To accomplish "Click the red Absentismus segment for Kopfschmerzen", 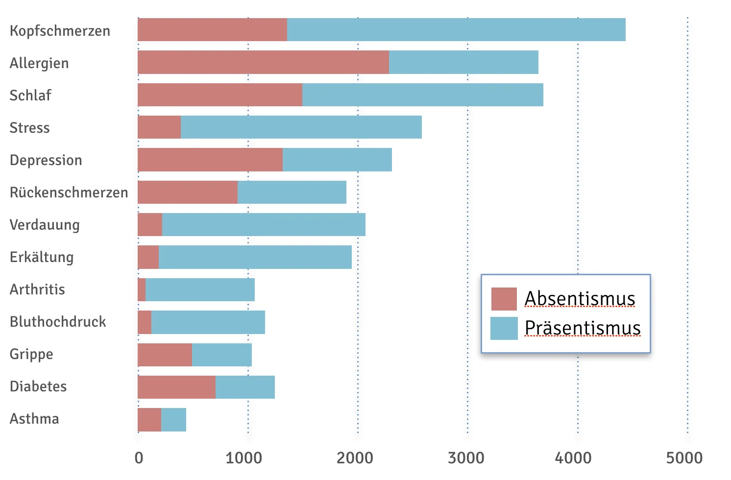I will coord(212,30).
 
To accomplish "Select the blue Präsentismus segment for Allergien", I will coord(463,62).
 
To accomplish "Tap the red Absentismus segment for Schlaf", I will coord(220,95).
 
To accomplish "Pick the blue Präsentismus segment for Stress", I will coord(301,127).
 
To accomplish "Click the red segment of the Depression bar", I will coord(210,160).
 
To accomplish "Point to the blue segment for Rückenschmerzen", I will coord(292,192).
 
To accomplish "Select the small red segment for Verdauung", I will coord(150,224).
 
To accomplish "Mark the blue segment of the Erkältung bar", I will coord(255,257).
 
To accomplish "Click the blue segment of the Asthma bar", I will coord(173,420).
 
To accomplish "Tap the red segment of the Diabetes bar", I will coord(176,387).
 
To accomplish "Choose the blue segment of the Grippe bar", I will coord(222,355).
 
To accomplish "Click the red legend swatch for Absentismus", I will coord(504,299).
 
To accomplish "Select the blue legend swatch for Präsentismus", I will coord(504,328).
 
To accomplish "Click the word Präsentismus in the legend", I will coord(583,328).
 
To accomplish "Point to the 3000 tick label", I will coord(466,458).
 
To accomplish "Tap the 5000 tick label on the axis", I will coord(684,458).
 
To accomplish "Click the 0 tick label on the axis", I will coord(139,458).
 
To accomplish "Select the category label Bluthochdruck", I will coord(58,322).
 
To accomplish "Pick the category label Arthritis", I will coord(37,289).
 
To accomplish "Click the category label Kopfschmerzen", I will coord(60,31).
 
